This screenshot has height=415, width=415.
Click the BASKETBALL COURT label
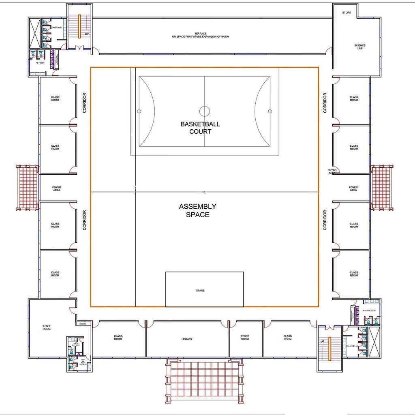pos(200,128)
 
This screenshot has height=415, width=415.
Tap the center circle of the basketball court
pos(205,111)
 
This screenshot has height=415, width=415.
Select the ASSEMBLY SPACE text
pos(198,210)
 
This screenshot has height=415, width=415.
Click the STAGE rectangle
pos(204,289)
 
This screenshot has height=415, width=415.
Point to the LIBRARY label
pos(187,339)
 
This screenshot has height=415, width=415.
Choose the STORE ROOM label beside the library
pos(245,338)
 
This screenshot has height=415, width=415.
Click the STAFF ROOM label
pos(47,327)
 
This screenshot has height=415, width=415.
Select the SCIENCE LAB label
pos(359,47)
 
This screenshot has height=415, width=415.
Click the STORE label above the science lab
pos(347,13)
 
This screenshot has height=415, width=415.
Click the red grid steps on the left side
pos(27,187)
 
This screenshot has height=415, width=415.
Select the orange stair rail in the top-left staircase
pos(79,26)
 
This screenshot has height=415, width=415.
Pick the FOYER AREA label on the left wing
pos(57,188)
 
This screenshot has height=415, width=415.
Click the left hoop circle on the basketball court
pos(139,111)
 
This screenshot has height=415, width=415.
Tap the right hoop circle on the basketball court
pos(270,111)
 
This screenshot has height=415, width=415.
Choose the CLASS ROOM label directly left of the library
pos(118,338)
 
